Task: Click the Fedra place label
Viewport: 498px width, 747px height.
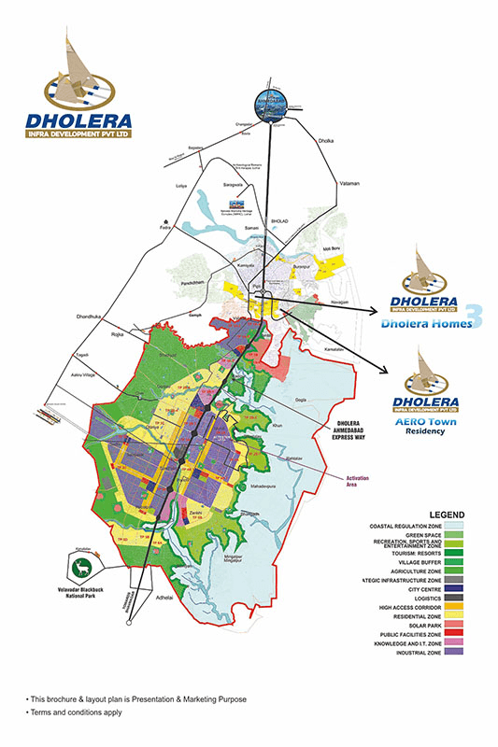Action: (x=165, y=226)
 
